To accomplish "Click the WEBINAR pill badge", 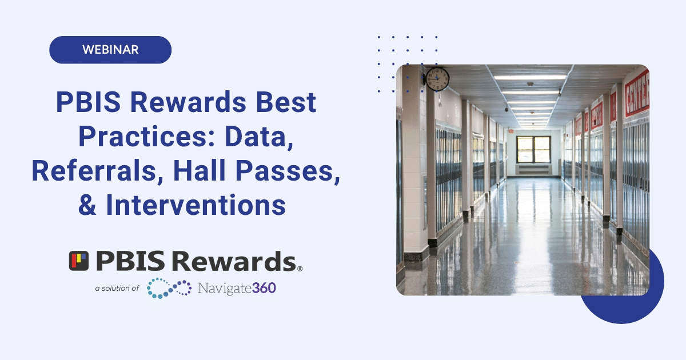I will click(110, 50).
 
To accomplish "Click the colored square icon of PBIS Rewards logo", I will click(79, 261).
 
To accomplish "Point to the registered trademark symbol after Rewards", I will click(300, 267).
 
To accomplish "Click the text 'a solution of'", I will click(117, 289).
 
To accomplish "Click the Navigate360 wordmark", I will click(237, 288).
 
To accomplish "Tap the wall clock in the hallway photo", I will click(437, 79).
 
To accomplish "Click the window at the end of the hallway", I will click(533, 149).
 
